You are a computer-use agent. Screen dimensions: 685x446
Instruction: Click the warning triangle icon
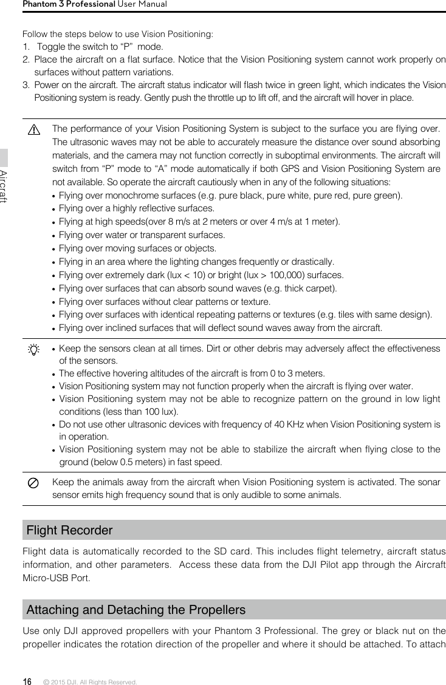coord(33,131)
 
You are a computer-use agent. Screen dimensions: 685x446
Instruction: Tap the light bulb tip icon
coord(33,350)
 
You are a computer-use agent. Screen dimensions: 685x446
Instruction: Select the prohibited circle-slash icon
coord(33,483)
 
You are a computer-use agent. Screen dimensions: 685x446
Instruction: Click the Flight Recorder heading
coord(70,530)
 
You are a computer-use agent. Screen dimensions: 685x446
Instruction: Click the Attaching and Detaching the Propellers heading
coord(136,610)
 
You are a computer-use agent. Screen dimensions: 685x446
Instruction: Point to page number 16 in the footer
coord(27,681)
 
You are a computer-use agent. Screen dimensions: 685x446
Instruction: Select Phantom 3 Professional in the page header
coord(69,4)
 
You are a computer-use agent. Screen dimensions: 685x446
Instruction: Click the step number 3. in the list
coord(26,85)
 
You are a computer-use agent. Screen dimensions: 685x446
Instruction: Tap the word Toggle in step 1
coord(50,47)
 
